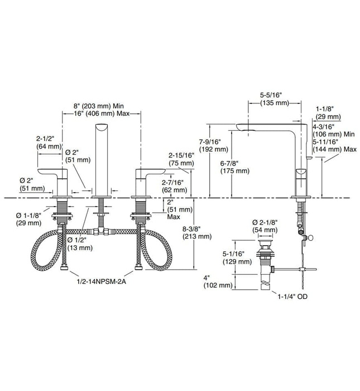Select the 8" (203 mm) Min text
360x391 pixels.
pyautogui.click(x=100, y=106)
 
